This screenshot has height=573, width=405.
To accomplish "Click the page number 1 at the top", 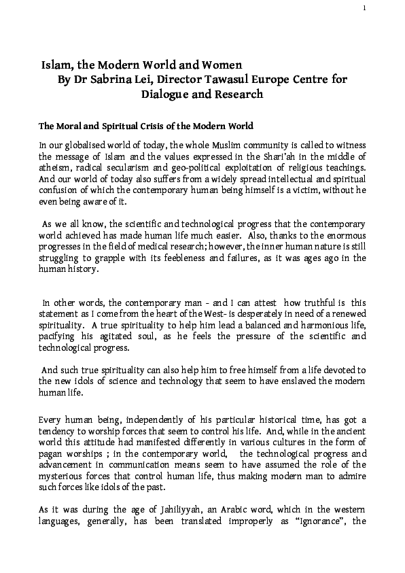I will [365, 8].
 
